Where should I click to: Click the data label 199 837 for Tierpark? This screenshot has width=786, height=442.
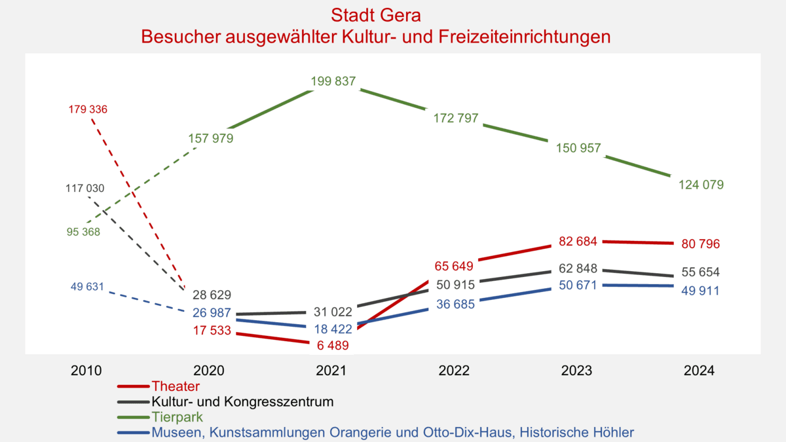click(333, 82)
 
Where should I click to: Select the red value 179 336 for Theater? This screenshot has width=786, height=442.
click(87, 109)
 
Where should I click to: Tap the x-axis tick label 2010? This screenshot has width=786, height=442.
click(86, 370)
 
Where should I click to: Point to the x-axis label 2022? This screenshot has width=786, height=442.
click(455, 370)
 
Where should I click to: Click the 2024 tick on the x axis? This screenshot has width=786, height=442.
click(700, 370)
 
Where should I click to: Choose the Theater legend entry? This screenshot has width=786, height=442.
click(176, 386)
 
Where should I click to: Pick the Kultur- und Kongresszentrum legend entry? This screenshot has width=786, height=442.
click(242, 401)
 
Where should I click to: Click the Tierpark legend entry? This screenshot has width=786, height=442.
click(177, 416)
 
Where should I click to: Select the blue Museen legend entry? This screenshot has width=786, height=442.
click(392, 432)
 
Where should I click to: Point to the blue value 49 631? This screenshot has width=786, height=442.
click(87, 287)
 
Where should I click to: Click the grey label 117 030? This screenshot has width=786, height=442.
click(84, 189)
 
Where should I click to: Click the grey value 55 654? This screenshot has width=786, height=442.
click(700, 272)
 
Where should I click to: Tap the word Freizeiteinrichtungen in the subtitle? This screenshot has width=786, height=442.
click(521, 37)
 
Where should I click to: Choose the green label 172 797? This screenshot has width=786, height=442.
click(455, 119)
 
